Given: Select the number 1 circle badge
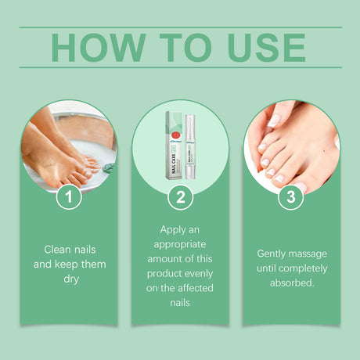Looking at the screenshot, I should click(70, 197).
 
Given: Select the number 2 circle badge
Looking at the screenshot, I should click(181, 197).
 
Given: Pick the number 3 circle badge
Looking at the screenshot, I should click(291, 197).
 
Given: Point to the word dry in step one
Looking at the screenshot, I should click(70, 278).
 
